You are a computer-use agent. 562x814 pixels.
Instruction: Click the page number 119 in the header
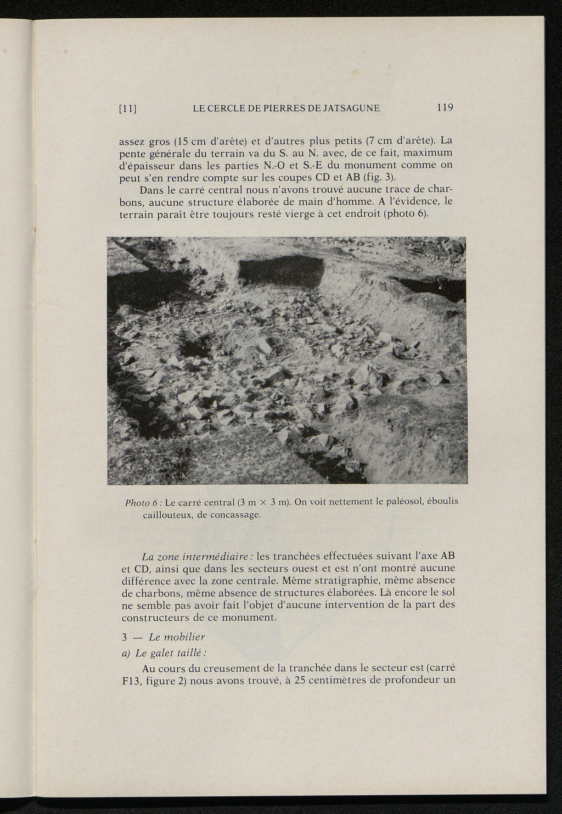(445, 108)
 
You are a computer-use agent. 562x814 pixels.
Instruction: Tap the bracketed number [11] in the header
(128, 109)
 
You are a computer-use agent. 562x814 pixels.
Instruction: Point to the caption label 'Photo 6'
(142, 502)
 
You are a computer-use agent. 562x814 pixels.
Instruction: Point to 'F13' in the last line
(131, 682)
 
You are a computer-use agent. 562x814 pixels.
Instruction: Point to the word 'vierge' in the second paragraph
(305, 214)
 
